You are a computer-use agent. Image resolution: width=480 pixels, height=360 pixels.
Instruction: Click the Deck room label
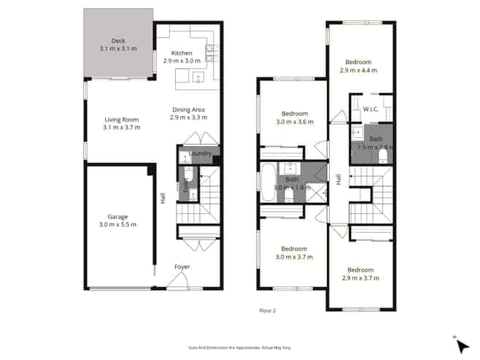(x=118, y=41)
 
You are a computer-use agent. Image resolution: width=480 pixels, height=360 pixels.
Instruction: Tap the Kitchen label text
(x=182, y=53)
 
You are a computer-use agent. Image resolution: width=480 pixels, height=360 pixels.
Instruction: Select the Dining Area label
(x=188, y=110)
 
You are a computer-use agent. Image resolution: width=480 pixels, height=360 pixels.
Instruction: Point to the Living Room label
(x=121, y=120)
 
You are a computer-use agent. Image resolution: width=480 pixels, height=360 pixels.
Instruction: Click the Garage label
(x=117, y=217)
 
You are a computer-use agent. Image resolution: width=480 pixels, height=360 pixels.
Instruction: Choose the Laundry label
(x=201, y=153)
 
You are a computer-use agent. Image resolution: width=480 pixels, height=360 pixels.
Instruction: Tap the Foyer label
(x=182, y=267)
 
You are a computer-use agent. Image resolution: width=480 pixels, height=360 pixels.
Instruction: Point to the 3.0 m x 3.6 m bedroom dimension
(x=295, y=122)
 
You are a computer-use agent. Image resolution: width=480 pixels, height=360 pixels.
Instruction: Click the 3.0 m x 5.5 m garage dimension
(x=117, y=225)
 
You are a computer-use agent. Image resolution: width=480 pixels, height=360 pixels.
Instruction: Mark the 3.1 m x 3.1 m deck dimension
(x=118, y=49)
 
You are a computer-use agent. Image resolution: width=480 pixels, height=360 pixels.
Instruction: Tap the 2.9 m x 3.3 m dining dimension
(x=188, y=118)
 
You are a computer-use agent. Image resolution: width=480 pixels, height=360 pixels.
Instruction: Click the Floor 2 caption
(x=268, y=310)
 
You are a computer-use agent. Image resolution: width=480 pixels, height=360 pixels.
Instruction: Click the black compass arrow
(x=462, y=344)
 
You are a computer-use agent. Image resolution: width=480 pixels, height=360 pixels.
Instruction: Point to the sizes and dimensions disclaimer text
(x=239, y=348)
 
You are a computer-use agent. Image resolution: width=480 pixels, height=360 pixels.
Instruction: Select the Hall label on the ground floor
(x=163, y=197)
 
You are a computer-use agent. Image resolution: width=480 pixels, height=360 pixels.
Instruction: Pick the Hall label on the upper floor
(x=338, y=179)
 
